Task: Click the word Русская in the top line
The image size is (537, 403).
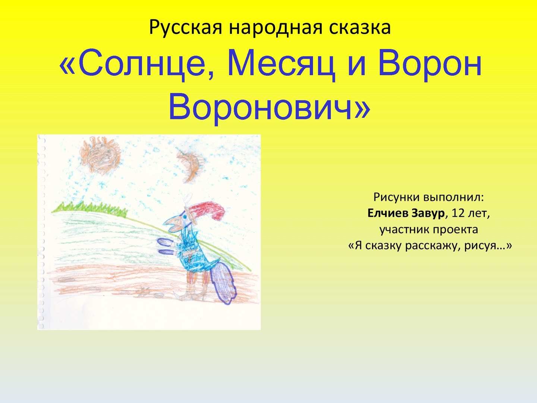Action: point(186,27)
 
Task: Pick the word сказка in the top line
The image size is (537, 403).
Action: point(359,27)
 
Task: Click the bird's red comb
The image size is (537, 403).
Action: point(208,211)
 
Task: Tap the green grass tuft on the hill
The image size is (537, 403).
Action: point(89,209)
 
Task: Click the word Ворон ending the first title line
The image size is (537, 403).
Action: point(430,64)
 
